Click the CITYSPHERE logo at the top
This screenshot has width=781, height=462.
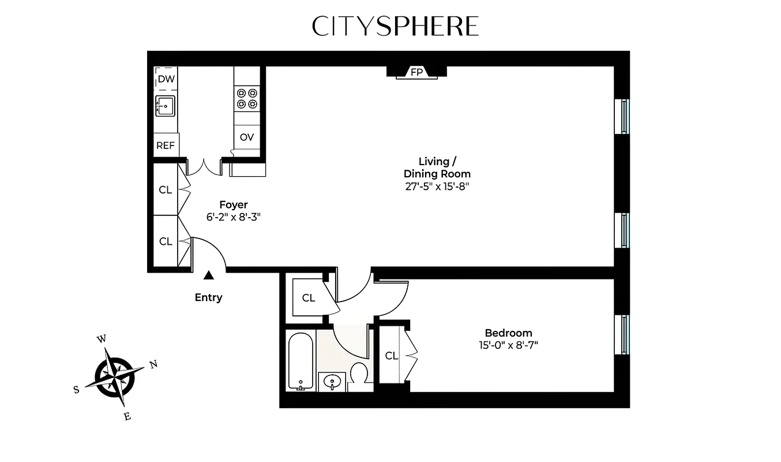(395, 27)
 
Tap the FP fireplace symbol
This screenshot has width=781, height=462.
(416, 72)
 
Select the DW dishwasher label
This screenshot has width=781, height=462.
(166, 79)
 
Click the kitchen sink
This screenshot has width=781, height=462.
(166, 106)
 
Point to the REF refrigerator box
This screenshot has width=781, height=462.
(166, 146)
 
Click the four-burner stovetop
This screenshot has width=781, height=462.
(247, 98)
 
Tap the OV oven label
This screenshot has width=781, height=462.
(247, 137)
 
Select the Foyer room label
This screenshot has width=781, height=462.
(234, 204)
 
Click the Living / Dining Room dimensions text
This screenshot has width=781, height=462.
(437, 186)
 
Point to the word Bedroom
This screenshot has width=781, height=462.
(508, 333)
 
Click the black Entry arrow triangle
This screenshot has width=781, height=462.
(208, 277)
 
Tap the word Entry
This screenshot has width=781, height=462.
(208, 297)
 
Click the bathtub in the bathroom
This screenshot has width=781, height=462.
(301, 361)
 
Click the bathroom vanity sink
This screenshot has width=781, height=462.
(332, 381)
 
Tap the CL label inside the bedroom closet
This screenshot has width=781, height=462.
(391, 356)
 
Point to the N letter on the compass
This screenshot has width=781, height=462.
(153, 364)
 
